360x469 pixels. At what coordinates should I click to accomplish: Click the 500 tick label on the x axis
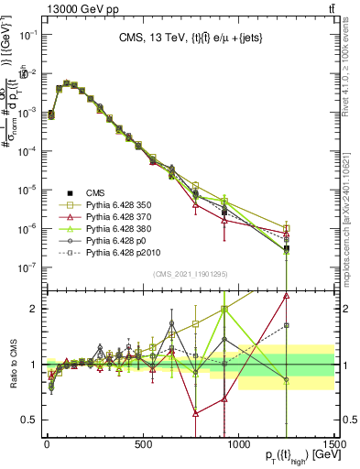point(143,444)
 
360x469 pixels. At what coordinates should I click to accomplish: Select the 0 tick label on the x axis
point(46,444)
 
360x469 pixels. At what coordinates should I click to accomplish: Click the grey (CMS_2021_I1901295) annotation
point(191,276)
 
